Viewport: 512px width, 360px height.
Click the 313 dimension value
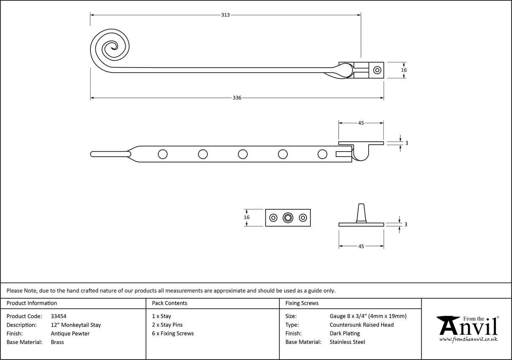point(225,15)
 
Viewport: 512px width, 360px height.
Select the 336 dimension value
point(237,98)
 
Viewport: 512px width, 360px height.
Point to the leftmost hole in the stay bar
point(162,154)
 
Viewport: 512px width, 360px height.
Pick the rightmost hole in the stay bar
point(322,154)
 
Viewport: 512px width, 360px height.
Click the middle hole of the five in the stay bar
point(243,154)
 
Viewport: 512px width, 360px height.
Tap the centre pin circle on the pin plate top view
point(288,218)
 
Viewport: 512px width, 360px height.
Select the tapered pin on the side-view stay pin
point(361,212)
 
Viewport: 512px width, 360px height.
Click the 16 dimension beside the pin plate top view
point(247,217)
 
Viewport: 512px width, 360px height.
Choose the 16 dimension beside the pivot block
point(404,70)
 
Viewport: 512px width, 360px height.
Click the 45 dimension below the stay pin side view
point(361,246)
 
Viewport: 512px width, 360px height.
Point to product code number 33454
point(58,316)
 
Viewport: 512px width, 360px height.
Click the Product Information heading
point(32,303)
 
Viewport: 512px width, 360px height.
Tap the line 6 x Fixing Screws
point(173,333)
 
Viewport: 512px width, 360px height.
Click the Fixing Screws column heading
point(302,303)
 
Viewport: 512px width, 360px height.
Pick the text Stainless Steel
point(348,342)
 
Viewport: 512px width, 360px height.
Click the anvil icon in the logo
point(448,325)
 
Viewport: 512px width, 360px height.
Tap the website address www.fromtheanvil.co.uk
point(468,339)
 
